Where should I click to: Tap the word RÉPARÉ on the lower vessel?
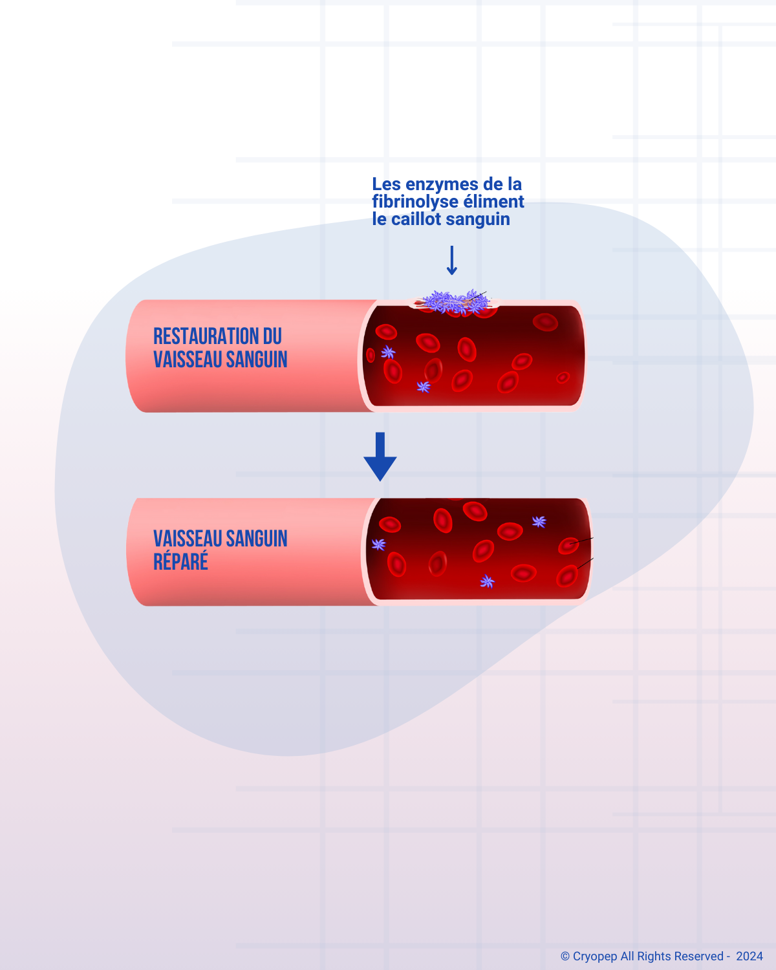180,561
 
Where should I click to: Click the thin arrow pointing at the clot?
452,261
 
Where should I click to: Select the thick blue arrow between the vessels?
380,457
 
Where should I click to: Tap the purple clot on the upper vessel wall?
455,301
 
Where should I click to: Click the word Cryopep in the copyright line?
595,956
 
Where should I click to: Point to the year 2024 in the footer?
749,956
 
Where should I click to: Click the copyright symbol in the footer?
565,956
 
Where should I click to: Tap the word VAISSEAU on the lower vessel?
187,539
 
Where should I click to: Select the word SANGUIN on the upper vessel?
256,360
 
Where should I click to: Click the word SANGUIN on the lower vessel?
256,539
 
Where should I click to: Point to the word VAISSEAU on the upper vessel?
187,360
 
